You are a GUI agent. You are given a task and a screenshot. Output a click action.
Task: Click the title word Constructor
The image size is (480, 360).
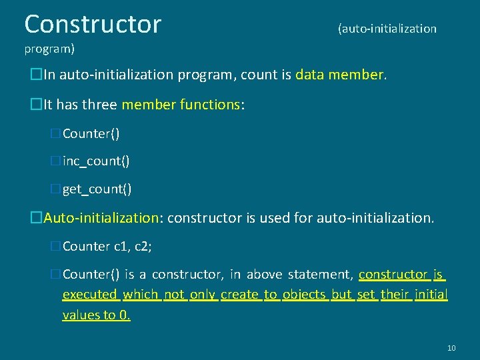click(93, 24)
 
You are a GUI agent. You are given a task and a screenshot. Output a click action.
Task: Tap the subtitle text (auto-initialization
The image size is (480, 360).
click(387, 29)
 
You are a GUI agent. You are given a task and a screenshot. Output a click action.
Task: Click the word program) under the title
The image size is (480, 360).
click(49, 49)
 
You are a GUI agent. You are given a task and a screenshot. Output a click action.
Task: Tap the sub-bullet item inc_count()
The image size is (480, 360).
click(96, 161)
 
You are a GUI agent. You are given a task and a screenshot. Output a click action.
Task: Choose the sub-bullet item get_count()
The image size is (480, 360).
click(97, 189)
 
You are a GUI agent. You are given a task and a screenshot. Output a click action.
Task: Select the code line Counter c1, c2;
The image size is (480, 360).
click(107, 247)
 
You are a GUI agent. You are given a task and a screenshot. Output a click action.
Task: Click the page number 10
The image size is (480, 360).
click(451, 348)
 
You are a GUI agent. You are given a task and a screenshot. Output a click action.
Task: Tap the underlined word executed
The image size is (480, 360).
click(90, 295)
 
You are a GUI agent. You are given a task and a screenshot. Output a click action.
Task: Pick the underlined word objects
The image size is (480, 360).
click(304, 295)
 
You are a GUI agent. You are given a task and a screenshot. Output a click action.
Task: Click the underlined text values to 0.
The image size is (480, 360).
click(96, 315)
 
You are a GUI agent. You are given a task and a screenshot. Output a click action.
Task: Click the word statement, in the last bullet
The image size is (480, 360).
click(322, 275)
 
